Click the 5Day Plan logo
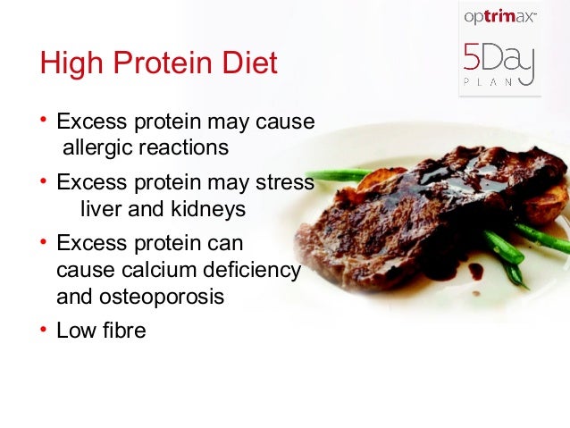499,68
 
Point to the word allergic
96,147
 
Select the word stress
284,182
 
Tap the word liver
100,209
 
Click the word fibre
122,331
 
